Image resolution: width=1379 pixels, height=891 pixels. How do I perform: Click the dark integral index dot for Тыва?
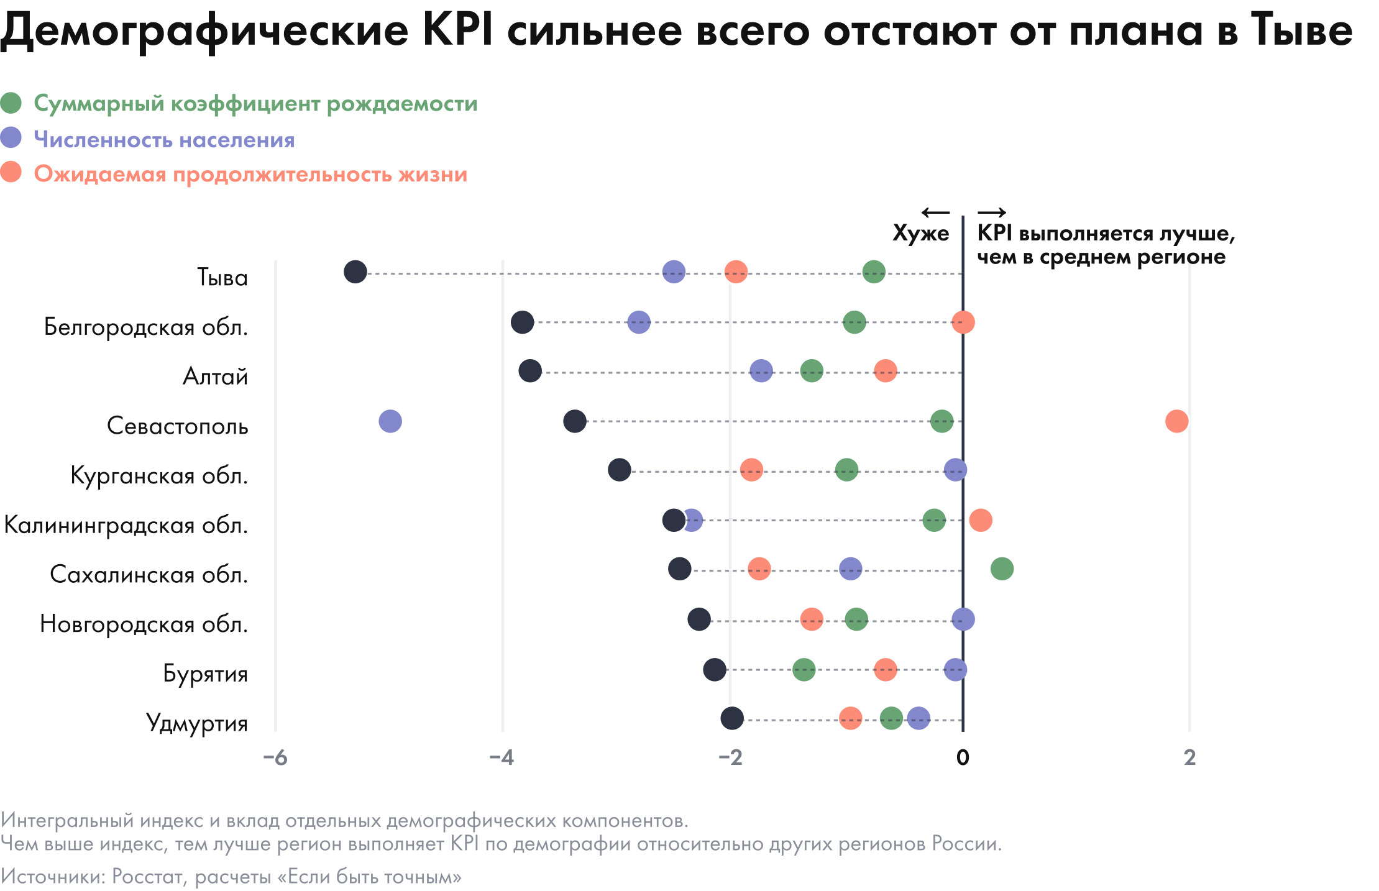(355, 272)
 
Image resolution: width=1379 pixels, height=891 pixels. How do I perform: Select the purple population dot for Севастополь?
(390, 421)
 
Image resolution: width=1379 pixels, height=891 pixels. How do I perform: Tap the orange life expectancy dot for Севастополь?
(1176, 421)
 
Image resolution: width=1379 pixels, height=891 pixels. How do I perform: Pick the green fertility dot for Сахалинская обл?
(1002, 569)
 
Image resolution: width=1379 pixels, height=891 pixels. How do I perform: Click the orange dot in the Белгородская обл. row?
(963, 322)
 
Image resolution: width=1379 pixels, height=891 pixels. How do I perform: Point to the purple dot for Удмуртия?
(919, 718)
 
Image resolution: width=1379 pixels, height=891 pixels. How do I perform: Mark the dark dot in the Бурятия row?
(715, 670)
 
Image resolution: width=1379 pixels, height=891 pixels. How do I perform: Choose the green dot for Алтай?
(812, 372)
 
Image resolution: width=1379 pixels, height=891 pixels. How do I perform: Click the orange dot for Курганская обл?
(751, 470)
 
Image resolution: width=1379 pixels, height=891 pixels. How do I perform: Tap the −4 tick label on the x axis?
(502, 757)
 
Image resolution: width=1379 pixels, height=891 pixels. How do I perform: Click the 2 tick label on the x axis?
(1189, 757)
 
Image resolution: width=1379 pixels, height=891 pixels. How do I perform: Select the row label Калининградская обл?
(126, 526)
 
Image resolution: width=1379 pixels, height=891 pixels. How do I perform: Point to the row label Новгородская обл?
(144, 624)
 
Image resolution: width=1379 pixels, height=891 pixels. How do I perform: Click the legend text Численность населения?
(165, 140)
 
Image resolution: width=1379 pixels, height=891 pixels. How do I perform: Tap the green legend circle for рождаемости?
(11, 103)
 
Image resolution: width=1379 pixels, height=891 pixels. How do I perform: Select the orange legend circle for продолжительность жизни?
(11, 173)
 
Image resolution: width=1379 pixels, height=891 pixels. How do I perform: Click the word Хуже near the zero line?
(920, 234)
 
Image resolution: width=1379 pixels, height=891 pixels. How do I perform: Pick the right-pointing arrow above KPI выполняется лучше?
(992, 213)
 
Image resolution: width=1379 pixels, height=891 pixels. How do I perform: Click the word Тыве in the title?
(1303, 30)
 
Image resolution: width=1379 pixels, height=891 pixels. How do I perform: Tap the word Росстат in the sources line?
(148, 877)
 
